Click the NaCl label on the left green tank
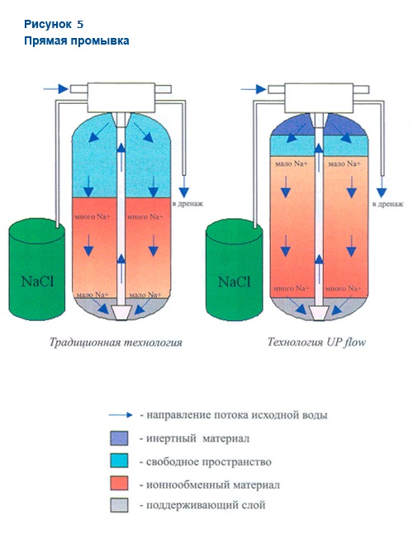[37, 281]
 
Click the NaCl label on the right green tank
[235, 281]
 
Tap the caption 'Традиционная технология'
[116, 343]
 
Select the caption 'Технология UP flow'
[316, 342]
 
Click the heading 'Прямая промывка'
[77, 41]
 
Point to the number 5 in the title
[80, 24]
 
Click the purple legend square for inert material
[119, 438]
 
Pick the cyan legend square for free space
[119, 461]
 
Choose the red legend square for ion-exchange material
[119, 483]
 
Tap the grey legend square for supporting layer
[119, 505]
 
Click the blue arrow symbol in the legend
[121, 415]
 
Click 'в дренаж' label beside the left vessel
[188, 204]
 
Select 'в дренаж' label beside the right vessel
[388, 204]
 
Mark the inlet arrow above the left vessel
[56, 89]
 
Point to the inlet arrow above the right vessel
[254, 89]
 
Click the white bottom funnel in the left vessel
[121, 313]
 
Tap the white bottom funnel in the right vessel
[319, 313]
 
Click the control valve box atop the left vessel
[121, 97]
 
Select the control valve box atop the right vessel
[319, 97]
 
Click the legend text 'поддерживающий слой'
[206, 505]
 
